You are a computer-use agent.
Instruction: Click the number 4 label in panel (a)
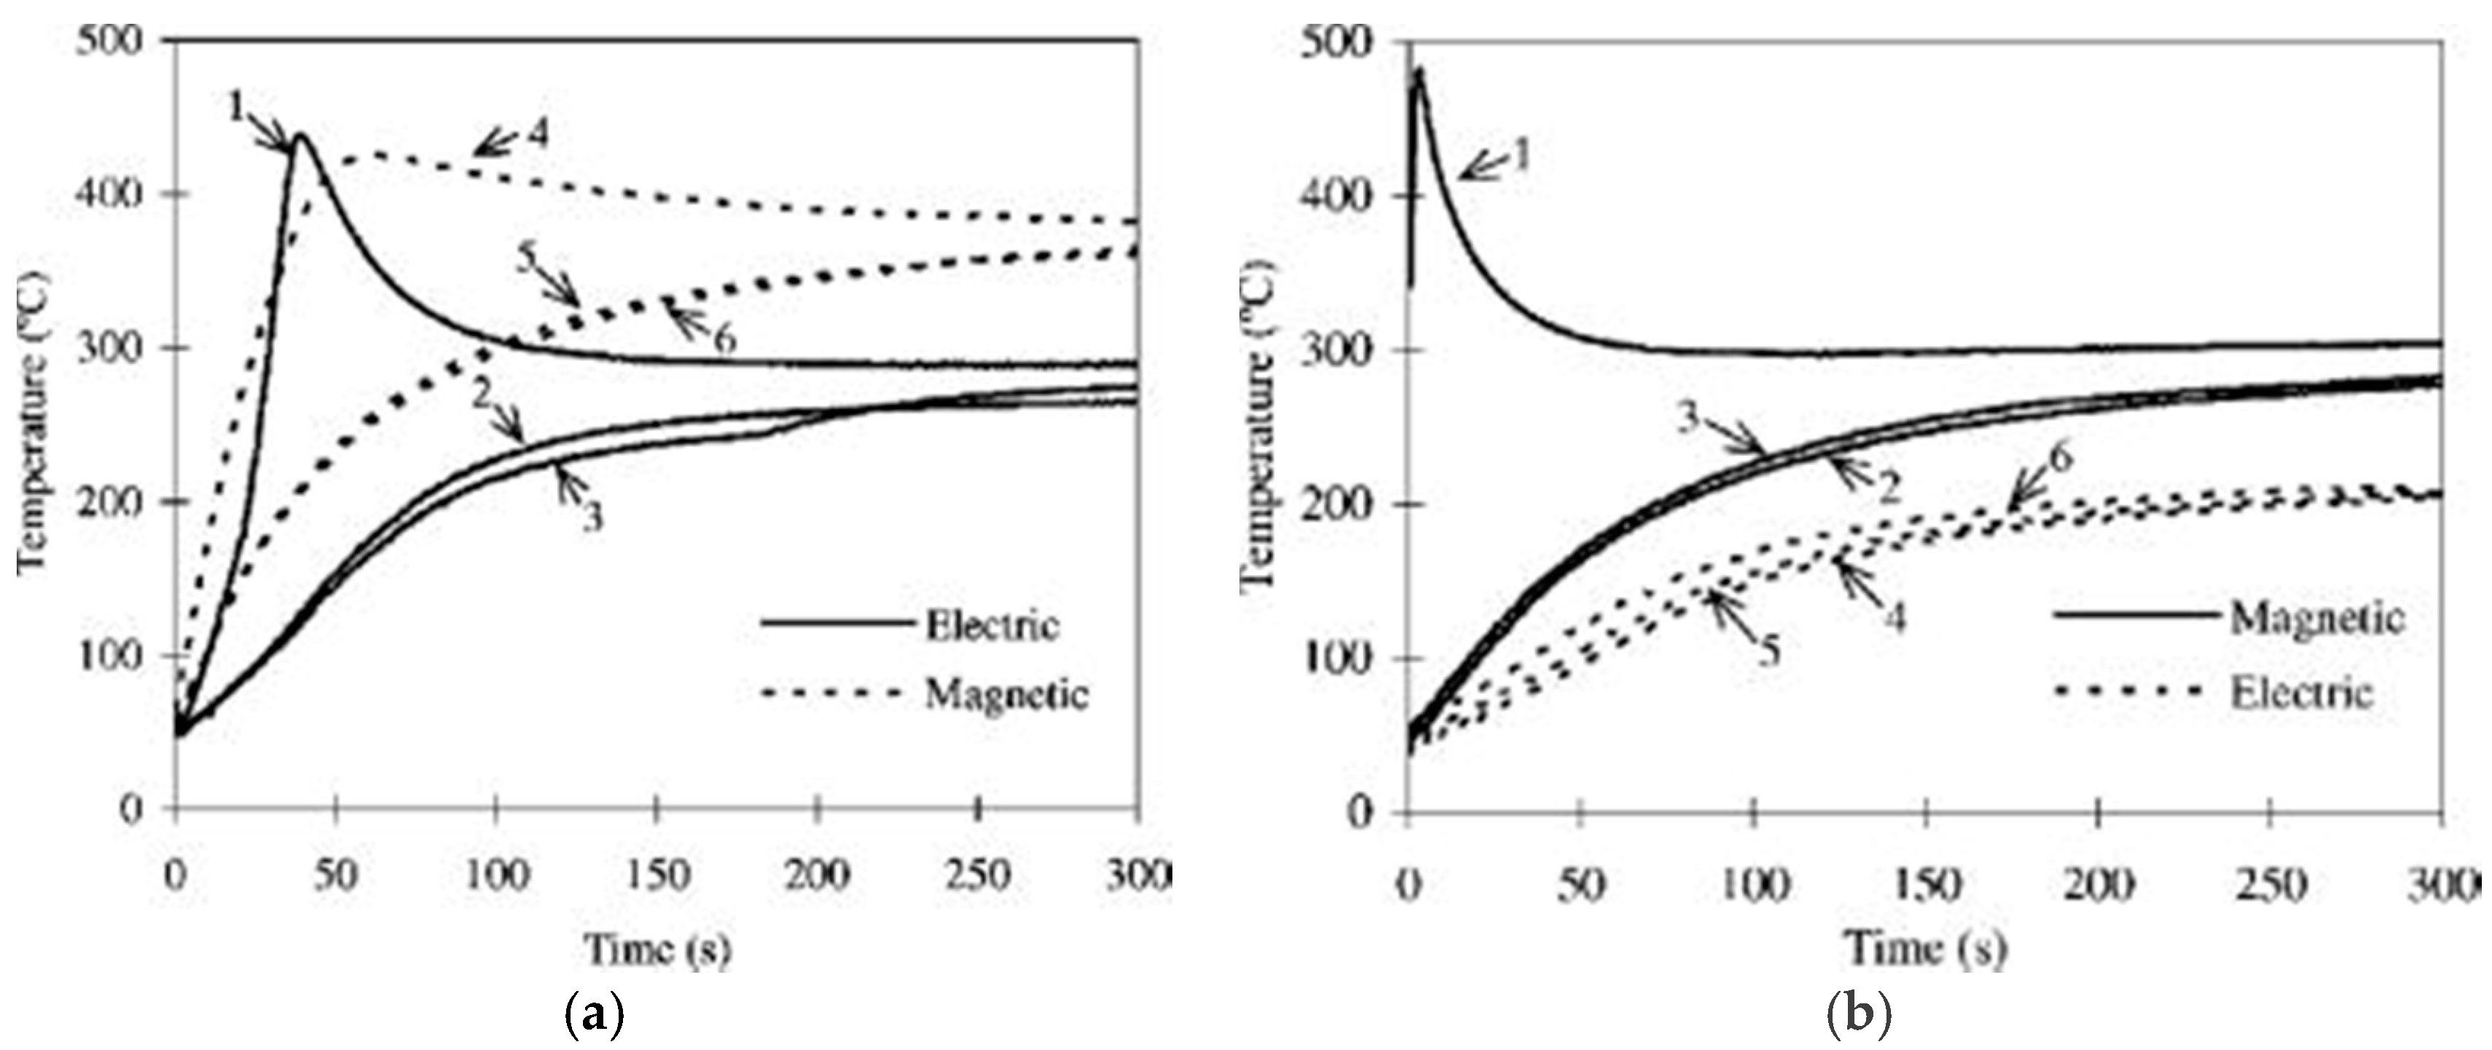(538, 134)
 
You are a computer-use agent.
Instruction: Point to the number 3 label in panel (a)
(592, 517)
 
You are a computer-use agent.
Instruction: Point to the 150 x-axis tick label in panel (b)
(1925, 885)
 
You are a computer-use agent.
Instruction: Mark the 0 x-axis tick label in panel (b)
(1408, 885)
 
